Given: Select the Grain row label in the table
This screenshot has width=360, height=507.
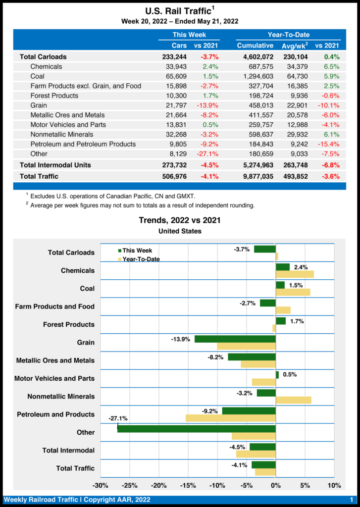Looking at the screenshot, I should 39,105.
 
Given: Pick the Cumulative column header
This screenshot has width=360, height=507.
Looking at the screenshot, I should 255,46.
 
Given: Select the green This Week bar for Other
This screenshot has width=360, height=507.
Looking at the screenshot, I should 196,429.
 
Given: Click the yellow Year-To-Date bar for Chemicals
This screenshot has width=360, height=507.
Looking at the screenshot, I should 295,274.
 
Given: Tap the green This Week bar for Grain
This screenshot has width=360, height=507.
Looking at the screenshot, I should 235,339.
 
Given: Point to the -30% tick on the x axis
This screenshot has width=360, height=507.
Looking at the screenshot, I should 101,486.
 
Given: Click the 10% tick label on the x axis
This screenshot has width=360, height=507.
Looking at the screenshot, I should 334,486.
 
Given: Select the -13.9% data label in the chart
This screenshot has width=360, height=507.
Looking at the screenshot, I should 181,339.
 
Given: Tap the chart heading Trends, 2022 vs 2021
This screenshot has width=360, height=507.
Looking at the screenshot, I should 180,220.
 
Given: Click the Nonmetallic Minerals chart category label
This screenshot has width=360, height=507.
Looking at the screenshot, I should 61,397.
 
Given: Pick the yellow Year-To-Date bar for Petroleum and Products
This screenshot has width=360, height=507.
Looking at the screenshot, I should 230,418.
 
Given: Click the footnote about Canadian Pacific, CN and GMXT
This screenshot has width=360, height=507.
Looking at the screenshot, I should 112,197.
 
